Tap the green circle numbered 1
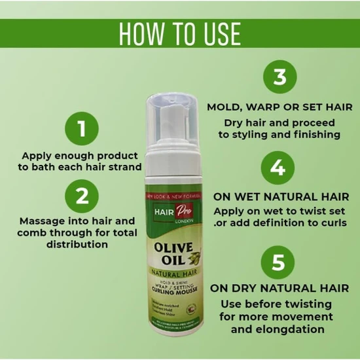82,128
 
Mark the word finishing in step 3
311,135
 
